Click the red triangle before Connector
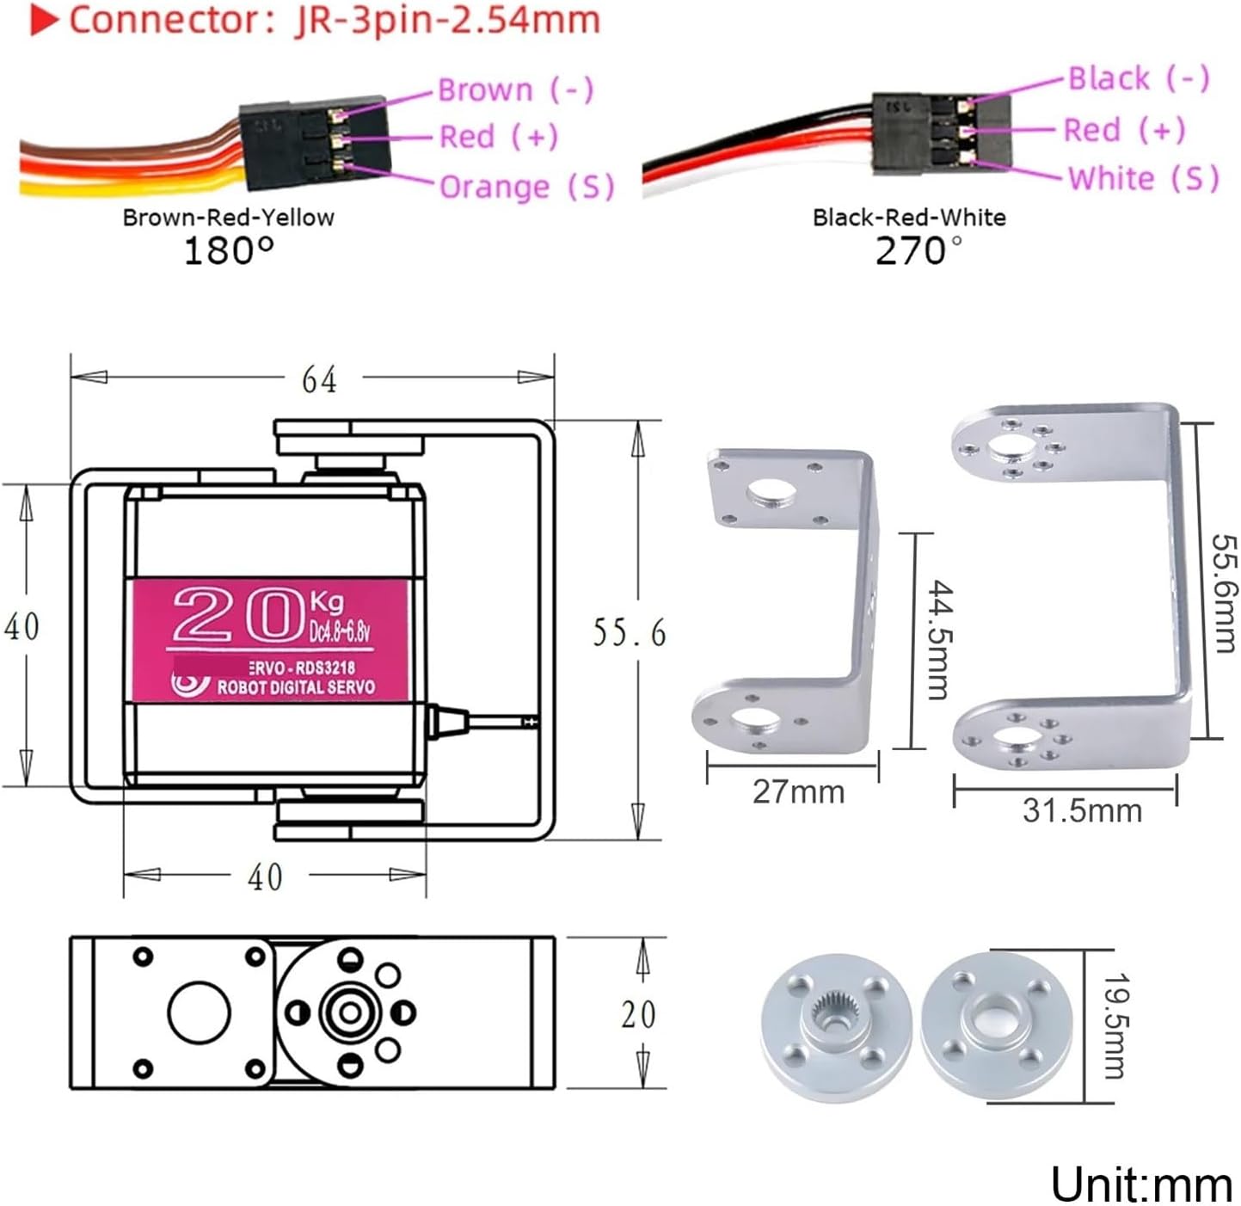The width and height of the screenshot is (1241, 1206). [44, 22]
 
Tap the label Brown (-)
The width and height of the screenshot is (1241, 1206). [515, 89]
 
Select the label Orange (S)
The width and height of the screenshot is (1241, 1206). [526, 187]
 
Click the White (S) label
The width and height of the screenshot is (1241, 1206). [1143, 178]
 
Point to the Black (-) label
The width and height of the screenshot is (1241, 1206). [1139, 78]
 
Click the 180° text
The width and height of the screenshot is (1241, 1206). [229, 251]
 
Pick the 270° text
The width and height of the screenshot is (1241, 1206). [918, 251]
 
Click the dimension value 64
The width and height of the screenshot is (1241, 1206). [319, 379]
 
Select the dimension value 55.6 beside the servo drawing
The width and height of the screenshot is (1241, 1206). [629, 633]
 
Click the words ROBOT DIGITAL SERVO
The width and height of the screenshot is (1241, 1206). [295, 687]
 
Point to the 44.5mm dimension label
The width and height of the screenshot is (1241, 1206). [940, 640]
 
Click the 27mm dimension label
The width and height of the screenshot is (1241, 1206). [798, 792]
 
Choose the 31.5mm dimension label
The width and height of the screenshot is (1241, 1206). [1082, 810]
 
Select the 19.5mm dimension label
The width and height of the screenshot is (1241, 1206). [1115, 1025]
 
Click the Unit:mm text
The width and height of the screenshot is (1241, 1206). [1141, 1184]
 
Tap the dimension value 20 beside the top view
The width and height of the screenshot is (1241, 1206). [638, 1015]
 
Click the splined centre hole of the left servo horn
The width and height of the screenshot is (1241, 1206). [832, 1012]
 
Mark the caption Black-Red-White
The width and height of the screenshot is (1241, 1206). [909, 218]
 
